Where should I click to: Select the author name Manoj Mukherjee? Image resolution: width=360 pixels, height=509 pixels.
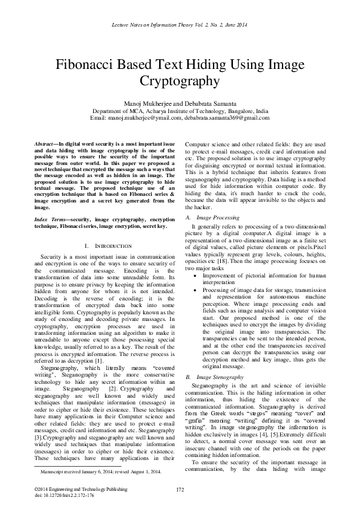coord(147,104)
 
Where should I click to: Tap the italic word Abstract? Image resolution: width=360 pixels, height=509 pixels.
coord(45,140)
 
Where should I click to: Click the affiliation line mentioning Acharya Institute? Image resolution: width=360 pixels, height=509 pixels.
coord(180,111)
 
